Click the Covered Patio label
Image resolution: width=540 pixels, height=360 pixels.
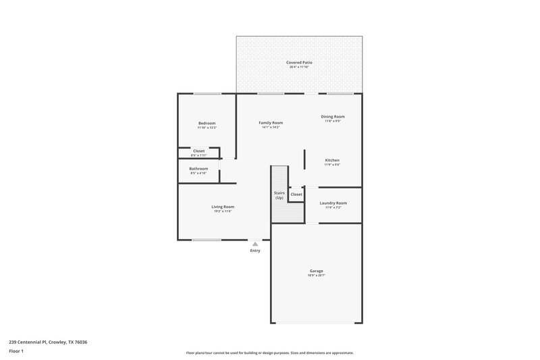[x=300, y=62]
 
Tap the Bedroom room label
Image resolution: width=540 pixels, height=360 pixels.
[x=207, y=123]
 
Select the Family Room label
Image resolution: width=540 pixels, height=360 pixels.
[x=271, y=123]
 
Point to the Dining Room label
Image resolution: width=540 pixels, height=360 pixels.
[x=333, y=117]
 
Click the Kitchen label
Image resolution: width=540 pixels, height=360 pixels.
[x=332, y=160]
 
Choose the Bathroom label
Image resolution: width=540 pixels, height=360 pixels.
[x=198, y=168]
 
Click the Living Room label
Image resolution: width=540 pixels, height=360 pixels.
[x=223, y=207]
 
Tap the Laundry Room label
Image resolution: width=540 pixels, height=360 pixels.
[x=333, y=203]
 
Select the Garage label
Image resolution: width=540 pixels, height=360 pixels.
[x=316, y=271]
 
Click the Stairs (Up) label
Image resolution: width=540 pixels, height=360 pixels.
[x=279, y=195]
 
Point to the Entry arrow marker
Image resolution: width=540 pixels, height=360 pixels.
[x=254, y=244]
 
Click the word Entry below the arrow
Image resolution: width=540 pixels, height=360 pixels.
[x=254, y=251]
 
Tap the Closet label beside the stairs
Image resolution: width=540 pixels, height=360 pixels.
[x=296, y=194]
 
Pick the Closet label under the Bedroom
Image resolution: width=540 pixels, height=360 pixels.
[x=198, y=151]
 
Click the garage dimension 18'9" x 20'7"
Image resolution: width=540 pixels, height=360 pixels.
[x=316, y=276]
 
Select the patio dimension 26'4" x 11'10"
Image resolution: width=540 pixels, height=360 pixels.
[x=300, y=67]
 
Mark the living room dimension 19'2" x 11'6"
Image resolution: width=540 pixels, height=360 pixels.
[x=223, y=211]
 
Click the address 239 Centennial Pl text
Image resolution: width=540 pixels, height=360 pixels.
[x=48, y=342]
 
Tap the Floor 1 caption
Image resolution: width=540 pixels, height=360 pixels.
[x=16, y=352]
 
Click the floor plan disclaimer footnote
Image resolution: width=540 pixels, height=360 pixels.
[x=270, y=353]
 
